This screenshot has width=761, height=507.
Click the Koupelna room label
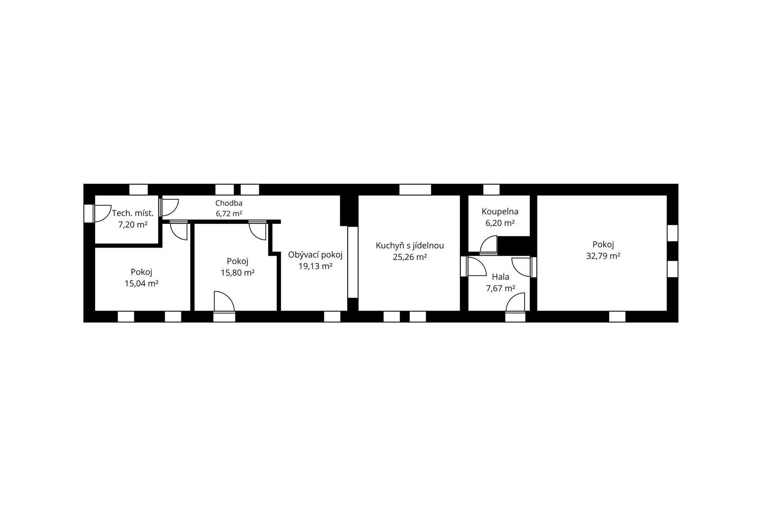pyautogui.click(x=500, y=212)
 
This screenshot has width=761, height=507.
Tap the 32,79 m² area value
pyautogui.click(x=603, y=256)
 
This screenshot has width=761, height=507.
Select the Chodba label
pyautogui.click(x=229, y=203)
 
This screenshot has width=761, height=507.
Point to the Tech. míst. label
pyautogui.click(x=133, y=213)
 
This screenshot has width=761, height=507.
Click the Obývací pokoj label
pyautogui.click(x=315, y=255)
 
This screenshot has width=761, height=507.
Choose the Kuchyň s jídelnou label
pyautogui.click(x=410, y=245)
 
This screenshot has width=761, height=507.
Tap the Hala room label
pyautogui.click(x=501, y=277)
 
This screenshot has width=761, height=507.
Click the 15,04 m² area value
pyautogui.click(x=141, y=283)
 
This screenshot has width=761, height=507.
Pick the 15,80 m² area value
pyautogui.click(x=237, y=273)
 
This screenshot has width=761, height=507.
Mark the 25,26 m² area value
pyautogui.click(x=410, y=257)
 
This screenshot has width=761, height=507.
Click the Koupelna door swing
pyautogui.click(x=489, y=245)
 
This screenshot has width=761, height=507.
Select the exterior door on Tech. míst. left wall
pyautogui.click(x=97, y=213)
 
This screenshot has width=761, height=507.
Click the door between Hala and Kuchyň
pyautogui.click(x=474, y=267)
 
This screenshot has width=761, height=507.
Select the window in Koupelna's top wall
pyautogui.click(x=491, y=189)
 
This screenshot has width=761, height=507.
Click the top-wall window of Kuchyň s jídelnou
pyautogui.click(x=415, y=189)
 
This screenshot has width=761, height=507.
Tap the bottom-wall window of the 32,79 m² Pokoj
pyautogui.click(x=617, y=316)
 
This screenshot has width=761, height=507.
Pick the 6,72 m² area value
pyautogui.click(x=229, y=214)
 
